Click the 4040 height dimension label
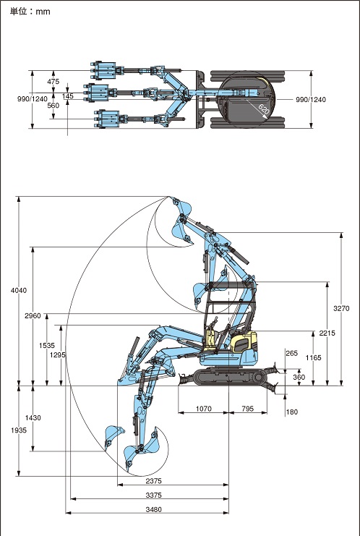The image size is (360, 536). [x=19, y=290]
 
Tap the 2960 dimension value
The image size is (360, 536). [x=33, y=315]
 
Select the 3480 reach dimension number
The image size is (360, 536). [x=153, y=509]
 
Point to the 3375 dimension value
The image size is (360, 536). [x=153, y=495]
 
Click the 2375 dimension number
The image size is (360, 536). [x=153, y=481]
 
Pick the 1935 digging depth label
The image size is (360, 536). [x=19, y=430]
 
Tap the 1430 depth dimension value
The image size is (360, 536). [x=33, y=417]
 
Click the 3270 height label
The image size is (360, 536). [x=341, y=308]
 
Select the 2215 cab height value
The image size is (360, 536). [x=327, y=333]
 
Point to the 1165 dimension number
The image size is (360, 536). [x=313, y=357]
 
